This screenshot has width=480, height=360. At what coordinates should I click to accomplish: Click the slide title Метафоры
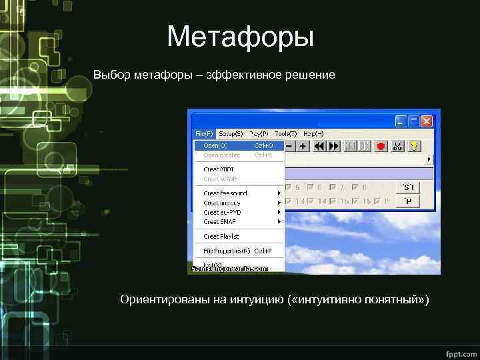pyautogui.click(x=240, y=37)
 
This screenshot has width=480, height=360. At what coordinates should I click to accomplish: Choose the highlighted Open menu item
pyautogui.click(x=215, y=145)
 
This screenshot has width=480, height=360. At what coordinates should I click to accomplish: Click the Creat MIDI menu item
pyautogui.click(x=219, y=169)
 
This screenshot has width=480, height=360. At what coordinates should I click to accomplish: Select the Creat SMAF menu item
pyautogui.click(x=219, y=221)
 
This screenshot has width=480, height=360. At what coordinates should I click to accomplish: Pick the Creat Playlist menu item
pyautogui.click(x=221, y=236)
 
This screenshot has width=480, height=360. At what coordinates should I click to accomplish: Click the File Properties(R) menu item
pyautogui.click(x=227, y=251)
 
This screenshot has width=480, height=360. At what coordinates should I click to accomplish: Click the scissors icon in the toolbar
pyautogui.click(x=398, y=145)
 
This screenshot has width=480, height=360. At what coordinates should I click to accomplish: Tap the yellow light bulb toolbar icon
pyautogui.click(x=413, y=145)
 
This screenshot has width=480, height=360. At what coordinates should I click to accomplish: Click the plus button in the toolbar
pyautogui.click(x=303, y=145)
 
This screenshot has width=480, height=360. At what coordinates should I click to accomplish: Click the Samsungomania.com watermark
pyautogui.click(x=230, y=269)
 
